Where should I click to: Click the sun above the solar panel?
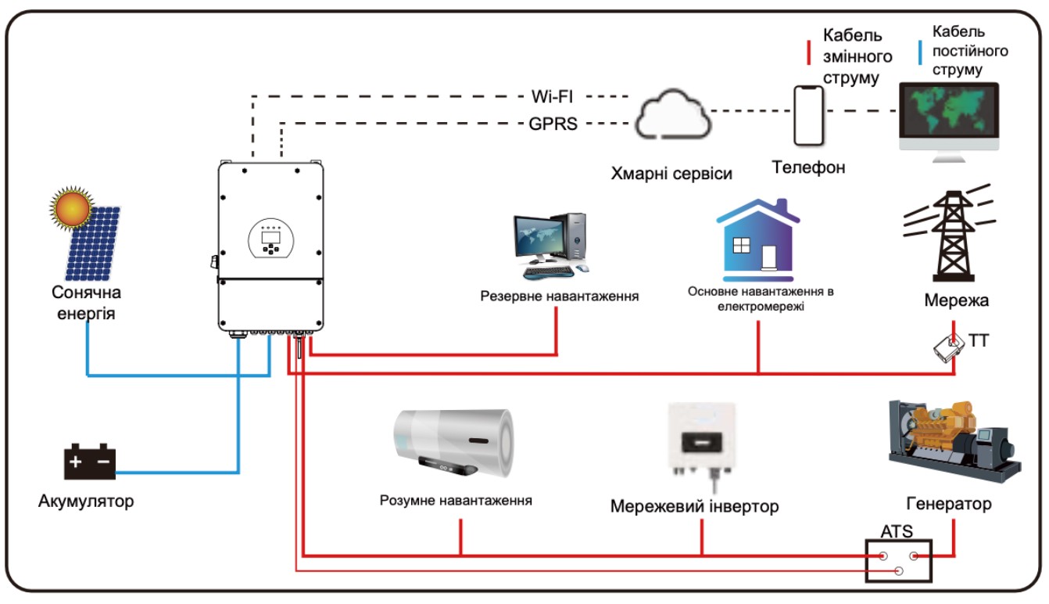point(72,208)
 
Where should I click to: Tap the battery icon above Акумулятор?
point(90,462)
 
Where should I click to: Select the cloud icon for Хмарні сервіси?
point(672,116)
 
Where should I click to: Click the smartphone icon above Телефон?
point(809,116)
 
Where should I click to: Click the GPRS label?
point(552,124)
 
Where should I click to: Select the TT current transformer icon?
point(949,347)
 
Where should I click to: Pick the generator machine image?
point(954,442)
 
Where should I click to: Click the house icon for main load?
point(757,239)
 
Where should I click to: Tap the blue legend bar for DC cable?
point(921,52)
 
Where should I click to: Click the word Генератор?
point(949,503)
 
